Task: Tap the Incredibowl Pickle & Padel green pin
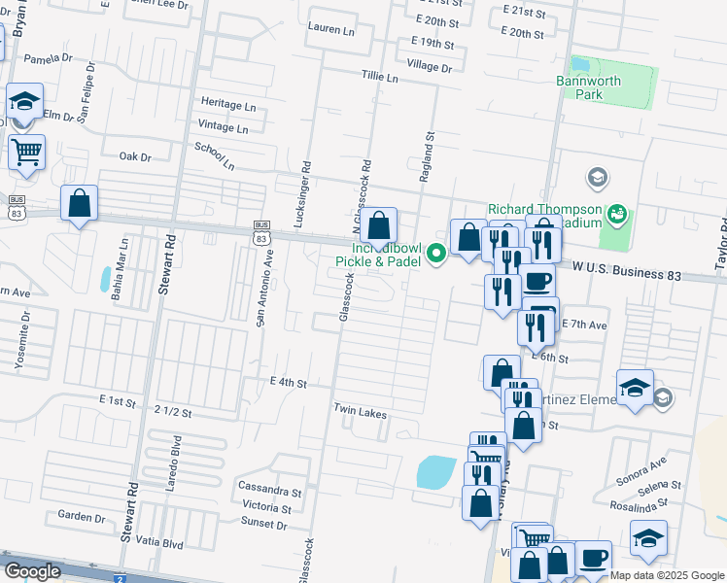point(437,255)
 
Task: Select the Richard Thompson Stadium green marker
point(614,213)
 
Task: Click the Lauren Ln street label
point(330,29)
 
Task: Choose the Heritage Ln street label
point(228,103)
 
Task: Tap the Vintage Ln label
point(223,126)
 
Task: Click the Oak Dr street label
point(135,156)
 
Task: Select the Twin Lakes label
point(361,413)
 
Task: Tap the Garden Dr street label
point(81,517)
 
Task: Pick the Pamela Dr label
point(49,58)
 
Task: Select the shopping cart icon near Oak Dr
point(26,152)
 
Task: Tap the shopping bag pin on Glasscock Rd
point(379,225)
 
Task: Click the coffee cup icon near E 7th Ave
point(537,282)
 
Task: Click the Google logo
point(32,571)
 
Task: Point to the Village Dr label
point(430,67)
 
